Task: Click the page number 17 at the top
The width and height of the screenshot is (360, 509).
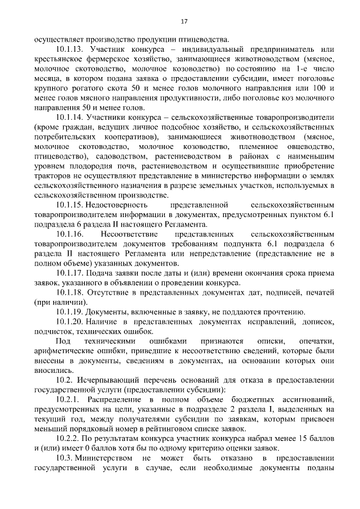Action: (x=184, y=21)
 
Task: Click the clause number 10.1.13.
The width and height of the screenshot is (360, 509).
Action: (x=71, y=49)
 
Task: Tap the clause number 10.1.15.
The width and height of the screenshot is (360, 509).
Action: (x=71, y=205)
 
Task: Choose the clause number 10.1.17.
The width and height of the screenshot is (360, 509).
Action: (x=71, y=273)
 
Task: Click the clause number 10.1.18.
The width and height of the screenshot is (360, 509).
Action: (x=71, y=293)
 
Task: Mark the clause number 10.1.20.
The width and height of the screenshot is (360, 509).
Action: (x=71, y=322)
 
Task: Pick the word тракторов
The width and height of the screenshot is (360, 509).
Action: (x=51, y=176)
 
